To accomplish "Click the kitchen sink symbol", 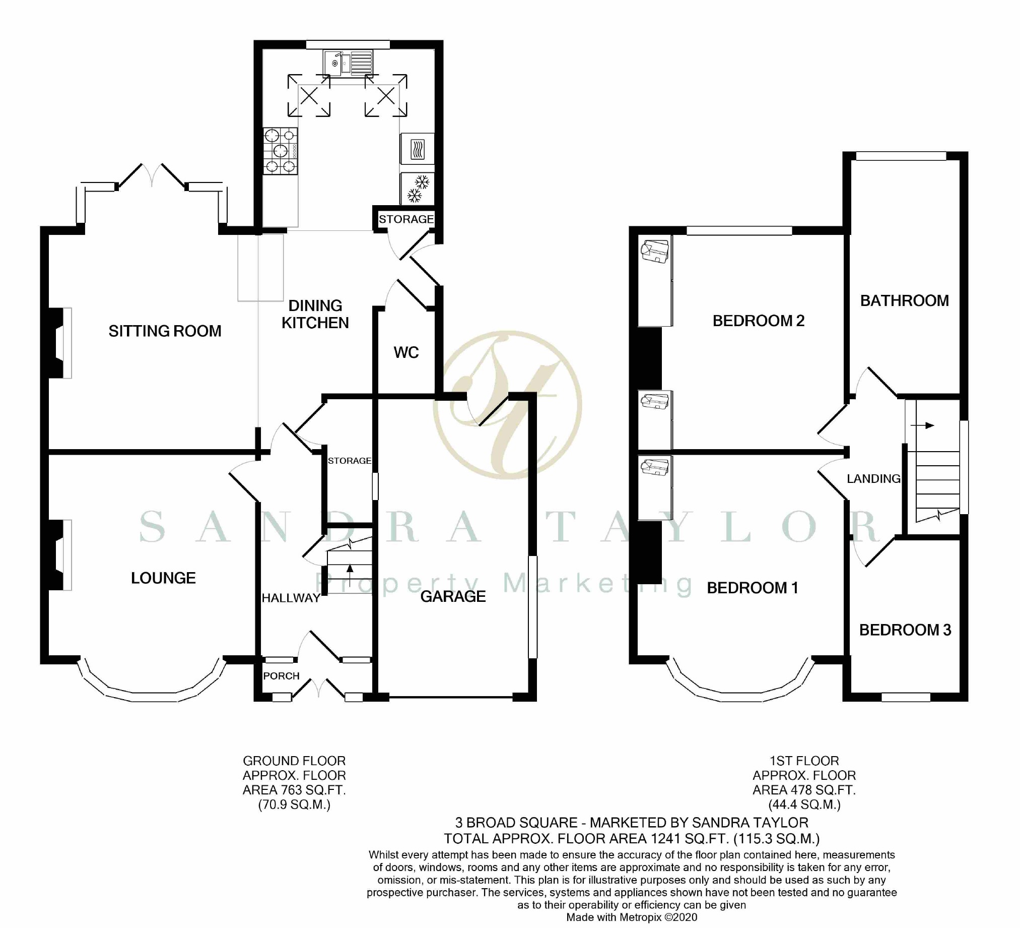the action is [x=348, y=64].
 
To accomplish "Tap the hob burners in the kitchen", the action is [x=280, y=150].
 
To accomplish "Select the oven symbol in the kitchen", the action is [x=417, y=149].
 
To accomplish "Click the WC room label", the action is [x=406, y=352].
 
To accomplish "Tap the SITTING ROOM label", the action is [x=165, y=331].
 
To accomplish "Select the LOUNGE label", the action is [x=163, y=578].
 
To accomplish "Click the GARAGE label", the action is [x=453, y=597].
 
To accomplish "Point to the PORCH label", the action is [x=281, y=676].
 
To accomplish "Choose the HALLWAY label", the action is [x=291, y=598].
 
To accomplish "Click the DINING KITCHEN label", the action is [x=315, y=314].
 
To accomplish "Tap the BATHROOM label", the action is [x=905, y=301].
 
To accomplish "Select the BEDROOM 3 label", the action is [x=905, y=630].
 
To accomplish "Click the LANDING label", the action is [x=874, y=478].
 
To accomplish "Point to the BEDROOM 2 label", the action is [x=759, y=321].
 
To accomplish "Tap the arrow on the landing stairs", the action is [x=922, y=425].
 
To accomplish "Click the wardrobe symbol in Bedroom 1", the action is [x=655, y=487].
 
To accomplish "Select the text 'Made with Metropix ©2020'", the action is [x=632, y=917].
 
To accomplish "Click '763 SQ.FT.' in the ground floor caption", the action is [x=317, y=790].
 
